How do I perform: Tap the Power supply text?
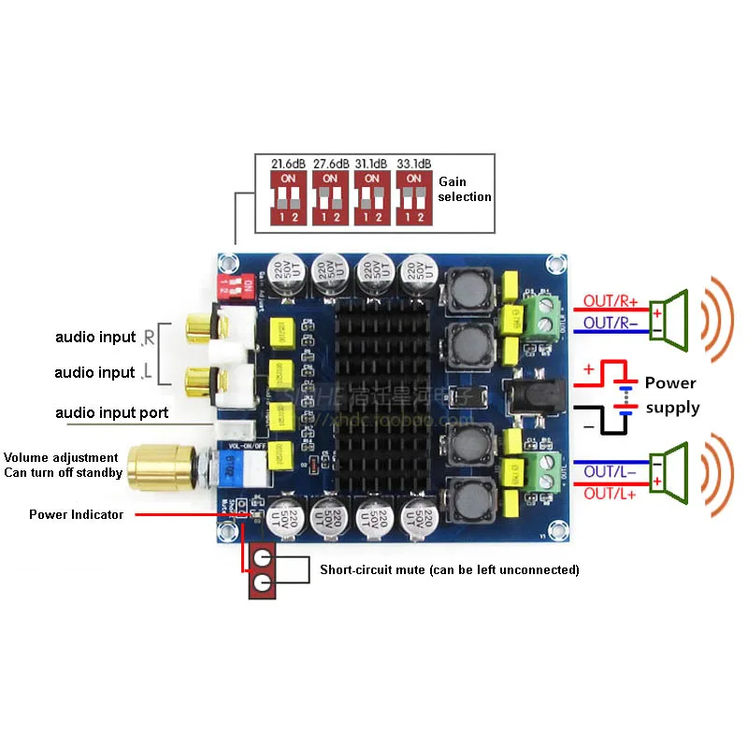coord(670,395)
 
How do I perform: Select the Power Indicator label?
coord(76,514)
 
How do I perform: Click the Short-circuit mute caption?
coord(450,569)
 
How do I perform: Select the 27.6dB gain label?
coord(330,163)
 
